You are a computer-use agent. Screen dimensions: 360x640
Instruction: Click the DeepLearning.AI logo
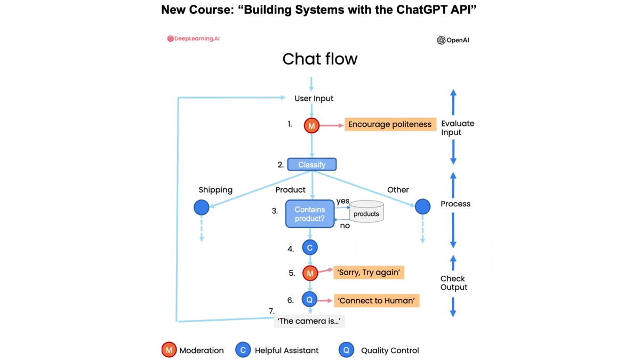pos(193,39)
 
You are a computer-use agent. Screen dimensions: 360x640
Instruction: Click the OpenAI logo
pos(453,40)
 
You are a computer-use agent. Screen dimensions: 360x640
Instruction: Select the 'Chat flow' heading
pos(319,59)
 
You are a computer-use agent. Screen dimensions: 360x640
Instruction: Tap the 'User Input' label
pos(314,99)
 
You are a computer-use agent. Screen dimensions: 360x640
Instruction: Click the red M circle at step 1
pos(311,125)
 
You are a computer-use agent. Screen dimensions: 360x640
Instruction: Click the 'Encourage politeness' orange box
pos(389,124)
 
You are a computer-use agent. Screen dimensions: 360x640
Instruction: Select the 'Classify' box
pos(312,164)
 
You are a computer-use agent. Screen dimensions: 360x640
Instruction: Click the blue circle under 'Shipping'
pos(202,207)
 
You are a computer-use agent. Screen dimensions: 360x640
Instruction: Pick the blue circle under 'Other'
pos(422,206)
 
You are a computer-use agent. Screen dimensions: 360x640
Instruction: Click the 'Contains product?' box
pos(310,214)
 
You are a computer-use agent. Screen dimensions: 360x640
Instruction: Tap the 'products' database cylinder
pos(366,212)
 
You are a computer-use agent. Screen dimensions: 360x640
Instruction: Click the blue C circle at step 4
pos(310,247)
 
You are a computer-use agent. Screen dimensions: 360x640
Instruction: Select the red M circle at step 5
pos(310,273)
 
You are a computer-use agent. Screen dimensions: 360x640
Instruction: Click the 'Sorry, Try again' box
pos(369,273)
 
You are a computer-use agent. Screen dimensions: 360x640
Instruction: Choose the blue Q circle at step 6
pos(309,300)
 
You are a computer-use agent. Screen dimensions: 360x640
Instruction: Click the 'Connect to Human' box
pos(377,300)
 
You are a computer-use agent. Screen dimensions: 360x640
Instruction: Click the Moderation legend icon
pos(169,350)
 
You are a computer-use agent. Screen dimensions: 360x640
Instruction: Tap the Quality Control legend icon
pos(346,350)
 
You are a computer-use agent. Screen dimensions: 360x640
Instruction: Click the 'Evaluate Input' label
pos(457,128)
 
